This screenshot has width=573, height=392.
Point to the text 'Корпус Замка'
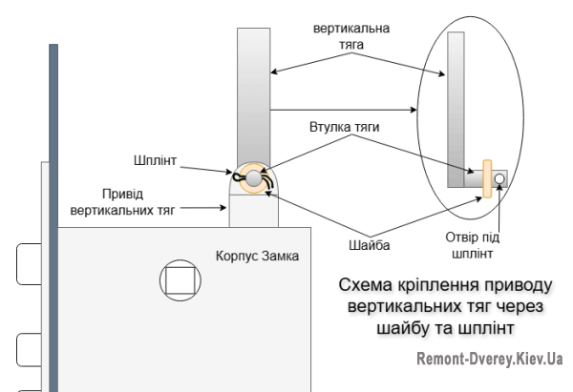(x=255, y=255)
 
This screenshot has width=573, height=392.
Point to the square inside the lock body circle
(x=180, y=280)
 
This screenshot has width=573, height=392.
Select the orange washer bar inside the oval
(x=487, y=178)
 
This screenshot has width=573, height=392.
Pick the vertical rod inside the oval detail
(x=456, y=100)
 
